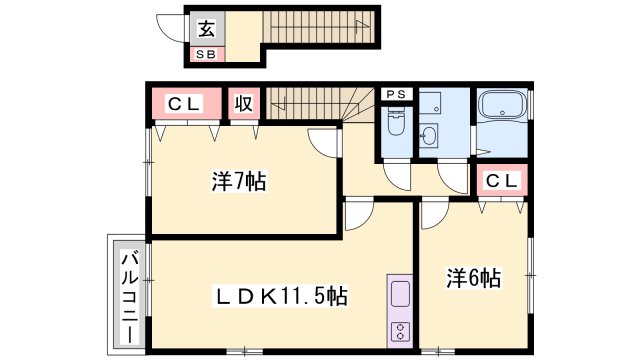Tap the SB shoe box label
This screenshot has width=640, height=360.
pyautogui.click(x=205, y=54)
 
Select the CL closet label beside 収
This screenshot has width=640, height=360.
pyautogui.click(x=185, y=102)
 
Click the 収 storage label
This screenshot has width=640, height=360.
pyautogui.click(x=243, y=102)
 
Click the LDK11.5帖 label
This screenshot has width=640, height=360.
pyautogui.click(x=283, y=296)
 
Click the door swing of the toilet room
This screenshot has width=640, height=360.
pyautogui.click(x=398, y=178)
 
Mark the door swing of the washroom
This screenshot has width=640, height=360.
pyautogui.click(x=451, y=178)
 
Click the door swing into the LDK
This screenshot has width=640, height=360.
pyautogui.click(x=358, y=218)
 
